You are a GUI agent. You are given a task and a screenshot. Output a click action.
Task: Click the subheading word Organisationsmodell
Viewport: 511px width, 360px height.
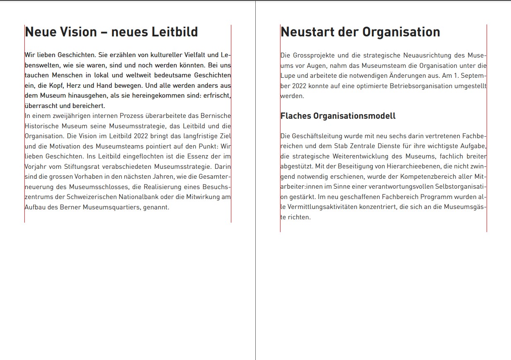pos(354,116)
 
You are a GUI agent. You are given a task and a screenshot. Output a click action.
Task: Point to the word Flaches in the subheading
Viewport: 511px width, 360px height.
pos(295,116)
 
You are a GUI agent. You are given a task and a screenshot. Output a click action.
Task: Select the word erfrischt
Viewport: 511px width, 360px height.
pos(216,96)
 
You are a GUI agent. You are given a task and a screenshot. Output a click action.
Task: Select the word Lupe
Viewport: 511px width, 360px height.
pos(288,76)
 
